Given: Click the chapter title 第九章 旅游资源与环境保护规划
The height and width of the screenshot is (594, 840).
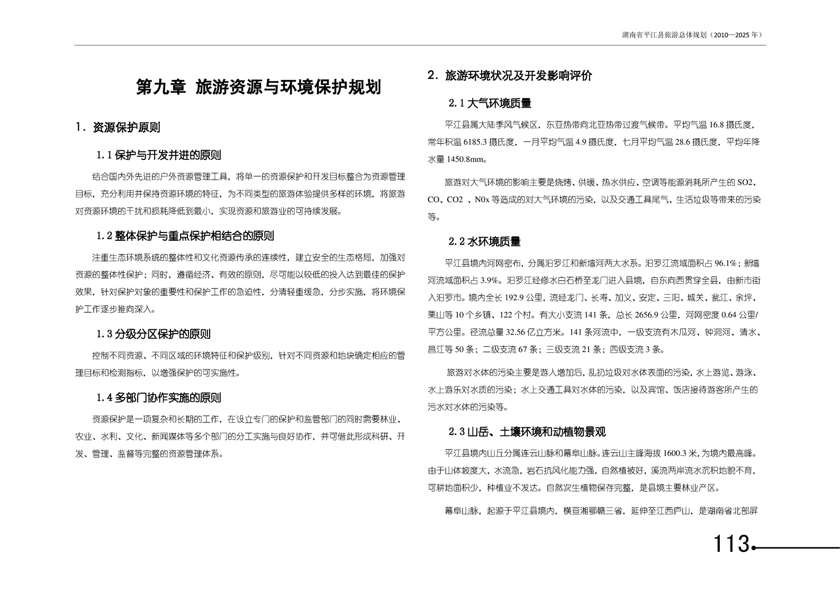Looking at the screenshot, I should click(258, 87).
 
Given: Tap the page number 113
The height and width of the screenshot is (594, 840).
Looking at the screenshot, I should click(731, 544).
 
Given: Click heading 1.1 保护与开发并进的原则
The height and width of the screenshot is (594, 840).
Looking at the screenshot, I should click(159, 155).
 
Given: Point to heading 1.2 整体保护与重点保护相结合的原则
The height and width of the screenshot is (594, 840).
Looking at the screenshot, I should click(185, 236).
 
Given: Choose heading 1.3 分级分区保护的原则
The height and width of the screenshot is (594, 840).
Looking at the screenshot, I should click(153, 334).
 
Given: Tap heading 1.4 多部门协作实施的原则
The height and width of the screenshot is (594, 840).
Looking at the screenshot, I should click(159, 398).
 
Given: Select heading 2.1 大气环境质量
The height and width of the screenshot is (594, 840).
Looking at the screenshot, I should click(490, 103).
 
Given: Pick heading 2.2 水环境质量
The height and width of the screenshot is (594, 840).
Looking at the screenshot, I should click(484, 242).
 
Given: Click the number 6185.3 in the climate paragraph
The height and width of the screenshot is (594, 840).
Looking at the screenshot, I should click(476, 142).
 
